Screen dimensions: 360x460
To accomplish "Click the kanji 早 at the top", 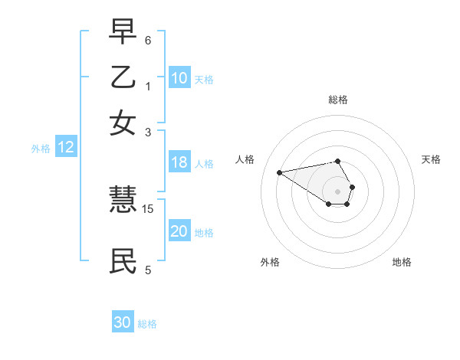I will coord(123,33).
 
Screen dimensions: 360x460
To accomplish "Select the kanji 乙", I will coord(123,78).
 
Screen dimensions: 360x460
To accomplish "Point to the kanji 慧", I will coord(123,202).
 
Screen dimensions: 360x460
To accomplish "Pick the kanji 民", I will coord(123,261).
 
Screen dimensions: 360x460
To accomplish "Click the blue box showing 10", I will coord(179,78).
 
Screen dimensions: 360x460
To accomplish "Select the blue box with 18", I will coord(179,162).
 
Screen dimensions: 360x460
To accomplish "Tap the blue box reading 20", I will coord(179,232).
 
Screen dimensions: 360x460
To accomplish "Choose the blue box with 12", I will coord(66,148).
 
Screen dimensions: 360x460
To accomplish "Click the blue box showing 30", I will coord(123,322).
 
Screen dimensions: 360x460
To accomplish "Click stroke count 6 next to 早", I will coord(148,40).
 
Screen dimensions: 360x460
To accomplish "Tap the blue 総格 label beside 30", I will coord(147,324).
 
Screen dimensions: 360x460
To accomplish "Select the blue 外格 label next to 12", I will coord(41,149).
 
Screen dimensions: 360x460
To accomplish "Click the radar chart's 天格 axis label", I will coord(431,159).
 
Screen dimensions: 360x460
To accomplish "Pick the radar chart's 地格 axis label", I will coord(402,262).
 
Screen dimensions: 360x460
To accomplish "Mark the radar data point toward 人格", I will coord(279,172).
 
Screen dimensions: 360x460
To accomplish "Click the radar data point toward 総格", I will coord(338,161).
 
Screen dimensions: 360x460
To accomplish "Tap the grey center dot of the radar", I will coord(338,191).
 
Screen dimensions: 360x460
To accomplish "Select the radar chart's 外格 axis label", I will coord(270,262).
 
